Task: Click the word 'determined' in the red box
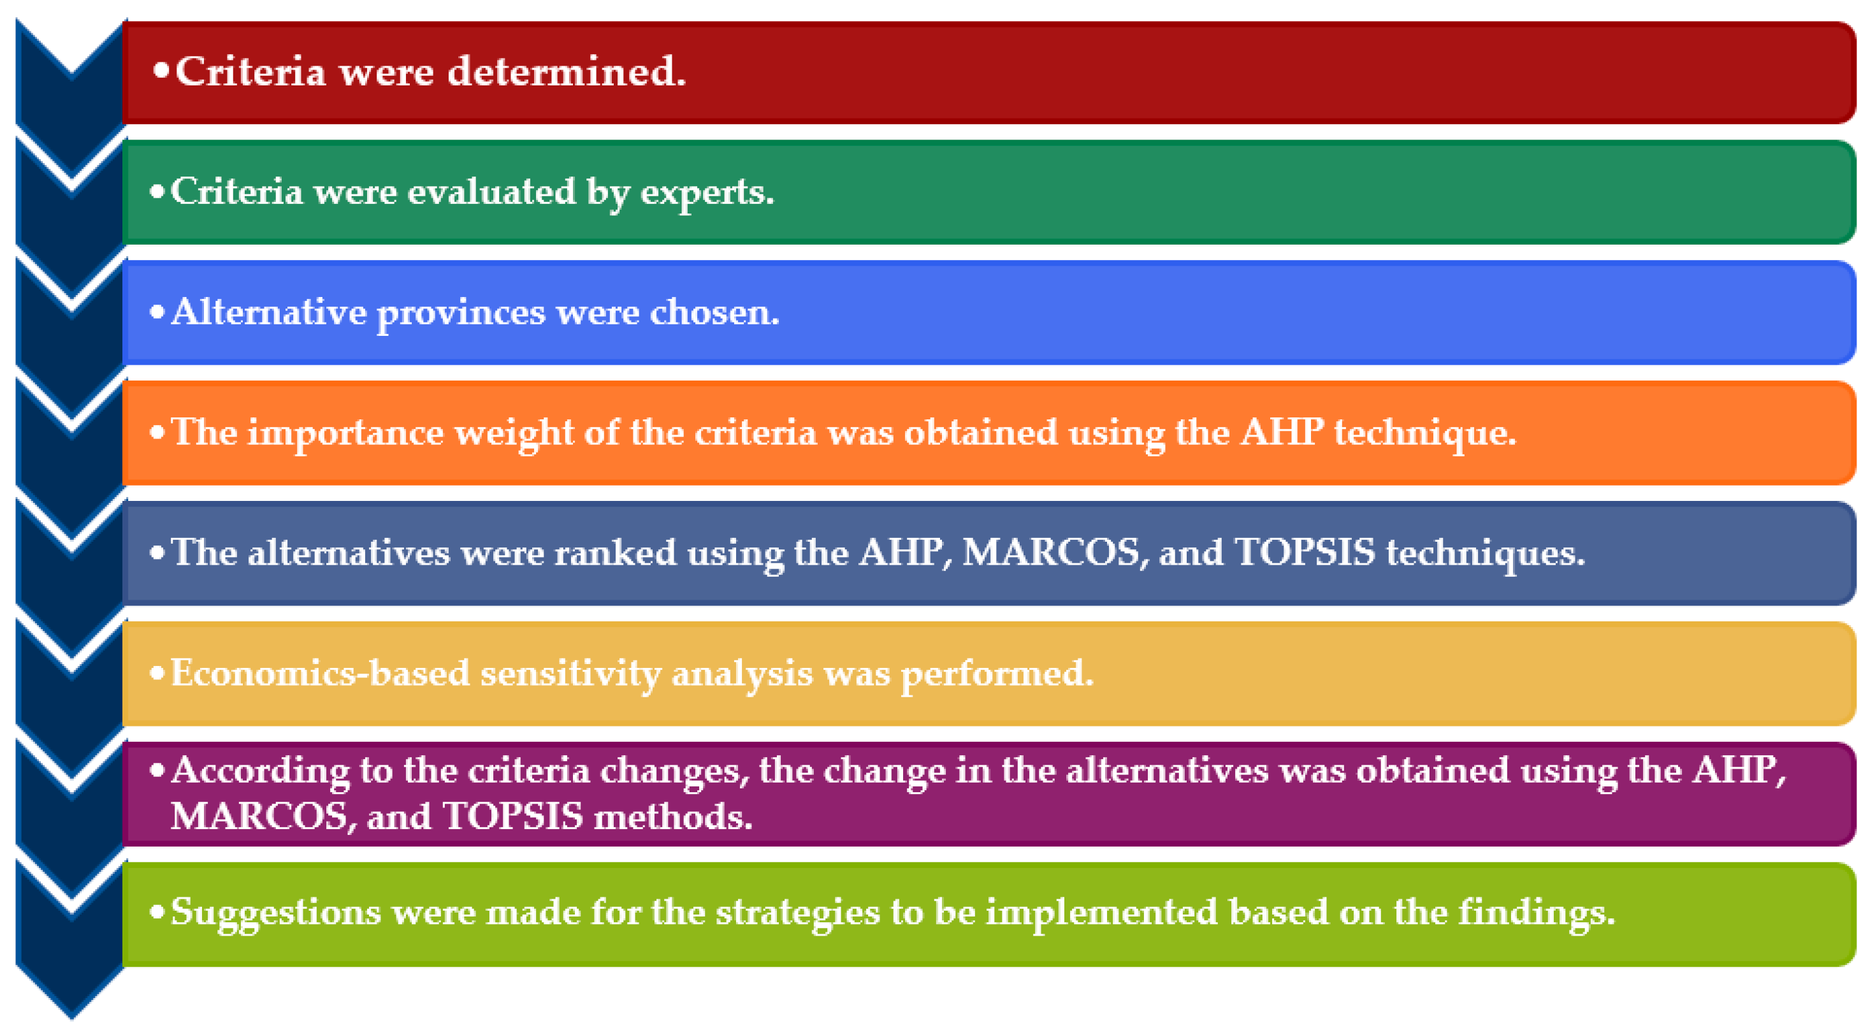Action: pyautogui.click(x=565, y=71)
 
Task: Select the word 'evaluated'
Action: pyautogui.click(x=491, y=191)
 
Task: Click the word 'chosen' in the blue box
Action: pyautogui.click(x=713, y=312)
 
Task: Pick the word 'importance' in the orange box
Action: pyautogui.click(x=345, y=435)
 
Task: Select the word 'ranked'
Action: pyautogui.click(x=615, y=552)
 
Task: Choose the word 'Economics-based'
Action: pyautogui.click(x=319, y=672)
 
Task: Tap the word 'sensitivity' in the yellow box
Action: pyautogui.click(x=570, y=675)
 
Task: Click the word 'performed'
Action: pyautogui.click(x=997, y=675)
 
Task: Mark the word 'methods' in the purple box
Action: pyautogui.click(x=672, y=815)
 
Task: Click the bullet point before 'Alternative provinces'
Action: pyautogui.click(x=157, y=312)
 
